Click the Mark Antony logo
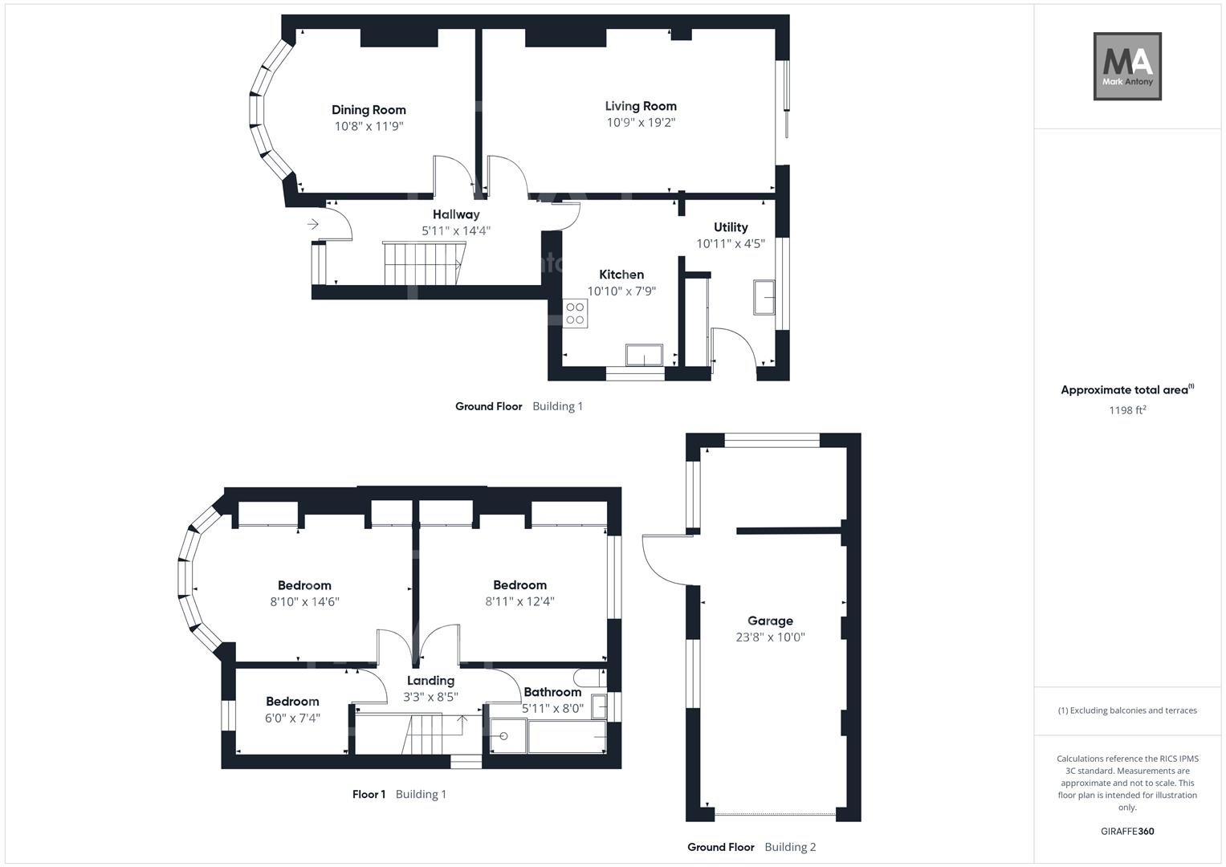click(1127, 66)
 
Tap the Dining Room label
click(369, 110)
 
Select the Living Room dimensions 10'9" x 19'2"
click(641, 123)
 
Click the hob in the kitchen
click(575, 313)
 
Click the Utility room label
click(730, 227)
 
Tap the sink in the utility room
click(764, 297)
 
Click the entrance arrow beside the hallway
click(312, 224)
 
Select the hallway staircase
click(422, 263)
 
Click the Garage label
click(770, 621)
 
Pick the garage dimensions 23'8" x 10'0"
click(770, 637)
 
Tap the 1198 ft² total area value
click(1127, 410)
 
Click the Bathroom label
click(552, 692)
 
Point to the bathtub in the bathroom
click(566, 736)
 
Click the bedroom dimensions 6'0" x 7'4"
click(292, 718)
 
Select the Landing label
click(430, 681)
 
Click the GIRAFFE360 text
click(1127, 832)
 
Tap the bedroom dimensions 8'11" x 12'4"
click(519, 601)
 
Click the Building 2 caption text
click(790, 847)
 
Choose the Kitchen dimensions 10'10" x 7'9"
click(621, 291)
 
